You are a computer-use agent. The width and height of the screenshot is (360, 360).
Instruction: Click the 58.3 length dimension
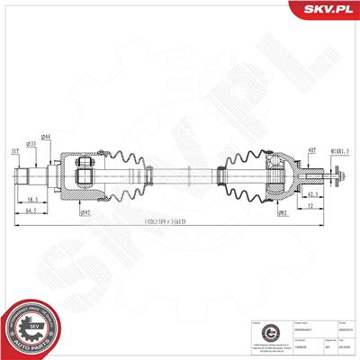[56, 199]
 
